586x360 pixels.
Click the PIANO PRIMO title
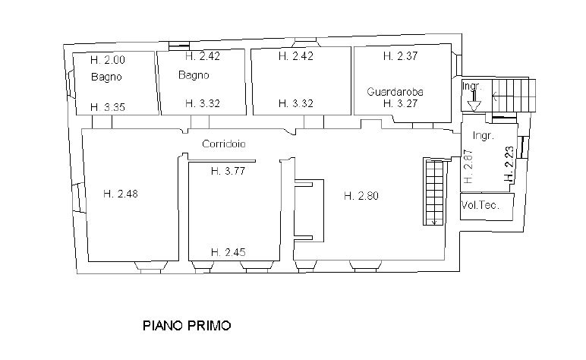(187, 326)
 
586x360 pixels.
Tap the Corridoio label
(223, 144)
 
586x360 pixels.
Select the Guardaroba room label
(395, 92)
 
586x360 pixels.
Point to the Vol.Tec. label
(480, 205)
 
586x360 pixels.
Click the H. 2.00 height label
(108, 60)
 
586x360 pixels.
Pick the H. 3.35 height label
(108, 107)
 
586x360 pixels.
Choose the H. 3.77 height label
(228, 171)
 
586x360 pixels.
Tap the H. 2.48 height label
(121, 194)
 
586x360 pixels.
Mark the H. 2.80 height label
(361, 195)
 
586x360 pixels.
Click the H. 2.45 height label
(228, 252)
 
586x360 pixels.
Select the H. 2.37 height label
(400, 56)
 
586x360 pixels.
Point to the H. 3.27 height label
(400, 103)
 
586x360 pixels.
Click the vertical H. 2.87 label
(468, 166)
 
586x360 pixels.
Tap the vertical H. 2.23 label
(509, 163)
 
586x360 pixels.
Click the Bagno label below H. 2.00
(106, 77)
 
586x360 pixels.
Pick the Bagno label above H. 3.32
(194, 75)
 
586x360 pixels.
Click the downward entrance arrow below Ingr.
(474, 101)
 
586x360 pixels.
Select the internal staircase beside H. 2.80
(434, 191)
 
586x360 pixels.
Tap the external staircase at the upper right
(513, 96)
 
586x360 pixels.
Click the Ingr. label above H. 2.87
(484, 136)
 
